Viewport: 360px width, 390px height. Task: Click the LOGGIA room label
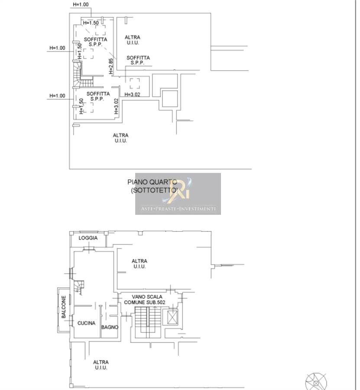[88, 238]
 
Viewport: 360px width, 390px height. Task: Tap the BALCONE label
[64, 307]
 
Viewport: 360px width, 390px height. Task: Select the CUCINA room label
[86, 323]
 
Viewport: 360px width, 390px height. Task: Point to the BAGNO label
[110, 327]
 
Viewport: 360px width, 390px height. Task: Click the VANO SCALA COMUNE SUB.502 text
[145, 299]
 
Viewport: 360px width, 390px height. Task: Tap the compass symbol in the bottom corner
[316, 382]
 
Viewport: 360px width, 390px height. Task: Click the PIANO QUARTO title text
[152, 182]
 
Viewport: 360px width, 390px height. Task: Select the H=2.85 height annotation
[111, 66]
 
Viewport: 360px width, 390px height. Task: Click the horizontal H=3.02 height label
[132, 94]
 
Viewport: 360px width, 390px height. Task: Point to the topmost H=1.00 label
[81, 4]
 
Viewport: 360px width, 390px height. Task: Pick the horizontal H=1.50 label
[91, 23]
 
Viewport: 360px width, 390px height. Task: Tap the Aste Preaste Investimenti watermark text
[178, 209]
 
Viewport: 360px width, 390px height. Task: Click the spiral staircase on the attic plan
[81, 75]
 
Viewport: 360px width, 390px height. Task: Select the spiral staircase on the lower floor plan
[79, 287]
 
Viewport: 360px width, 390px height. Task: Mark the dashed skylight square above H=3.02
[135, 83]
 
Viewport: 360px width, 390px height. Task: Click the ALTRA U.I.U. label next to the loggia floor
[139, 263]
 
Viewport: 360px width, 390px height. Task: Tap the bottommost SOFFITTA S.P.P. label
[98, 96]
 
